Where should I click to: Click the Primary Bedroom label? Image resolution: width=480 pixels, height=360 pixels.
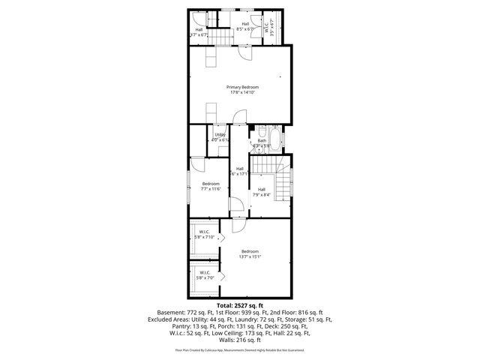241,87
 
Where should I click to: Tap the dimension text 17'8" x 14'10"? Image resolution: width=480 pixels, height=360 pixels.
241,92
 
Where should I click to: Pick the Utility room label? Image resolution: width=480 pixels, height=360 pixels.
219,135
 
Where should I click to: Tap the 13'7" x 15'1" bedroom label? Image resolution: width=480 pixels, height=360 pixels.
250,253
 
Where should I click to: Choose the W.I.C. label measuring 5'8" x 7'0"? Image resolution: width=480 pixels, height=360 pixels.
204,274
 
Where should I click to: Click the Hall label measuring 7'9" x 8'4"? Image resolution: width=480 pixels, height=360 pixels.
262,191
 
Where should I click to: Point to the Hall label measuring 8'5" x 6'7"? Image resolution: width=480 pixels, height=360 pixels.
244,26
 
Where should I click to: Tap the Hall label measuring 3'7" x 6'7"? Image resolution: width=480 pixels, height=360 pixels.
199,32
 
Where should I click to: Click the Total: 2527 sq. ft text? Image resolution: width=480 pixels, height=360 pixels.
239,306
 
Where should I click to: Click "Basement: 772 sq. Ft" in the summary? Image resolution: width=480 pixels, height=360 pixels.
183,313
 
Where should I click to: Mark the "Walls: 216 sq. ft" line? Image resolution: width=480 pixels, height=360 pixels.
239,339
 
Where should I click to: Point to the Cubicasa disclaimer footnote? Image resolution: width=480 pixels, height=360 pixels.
239,350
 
